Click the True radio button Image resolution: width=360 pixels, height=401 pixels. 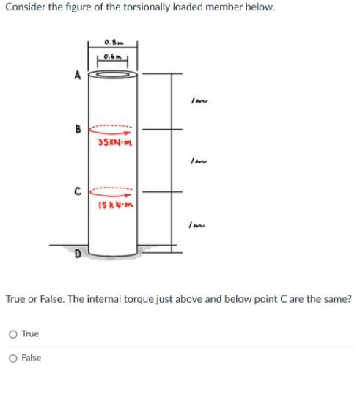click(12, 334)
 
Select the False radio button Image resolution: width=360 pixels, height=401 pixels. click(12, 358)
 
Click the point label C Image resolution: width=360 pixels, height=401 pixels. click(78, 194)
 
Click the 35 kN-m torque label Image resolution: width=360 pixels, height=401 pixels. click(113, 141)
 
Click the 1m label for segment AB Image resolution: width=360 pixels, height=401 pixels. click(194, 101)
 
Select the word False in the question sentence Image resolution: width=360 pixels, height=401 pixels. click(44, 299)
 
